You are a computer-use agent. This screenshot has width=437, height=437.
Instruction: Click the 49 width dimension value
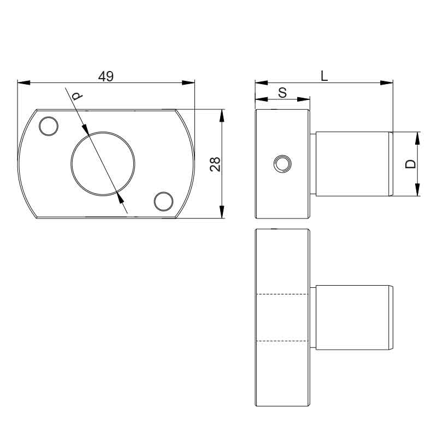coord(106,76)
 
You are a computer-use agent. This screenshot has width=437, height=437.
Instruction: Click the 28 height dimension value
coord(215,164)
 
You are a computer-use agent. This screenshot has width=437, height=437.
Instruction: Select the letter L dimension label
coord(324,76)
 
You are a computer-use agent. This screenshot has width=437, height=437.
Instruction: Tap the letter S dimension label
coord(282,92)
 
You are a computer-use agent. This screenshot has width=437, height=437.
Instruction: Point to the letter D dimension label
coord(411,164)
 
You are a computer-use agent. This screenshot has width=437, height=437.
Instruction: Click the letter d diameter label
coord(77,96)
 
